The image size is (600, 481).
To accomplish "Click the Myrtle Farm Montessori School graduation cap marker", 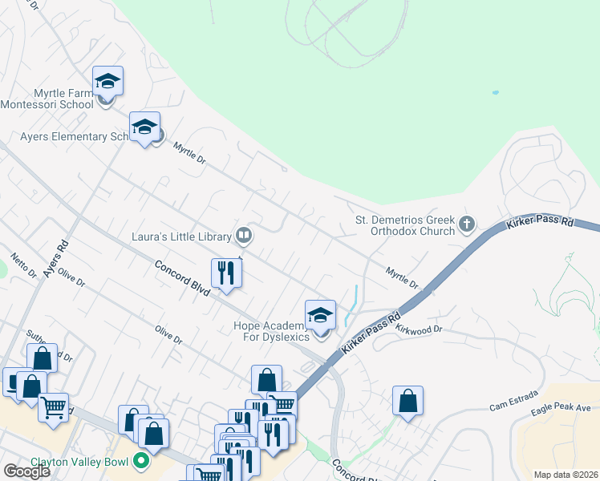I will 107,82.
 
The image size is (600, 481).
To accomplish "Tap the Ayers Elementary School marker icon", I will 144,127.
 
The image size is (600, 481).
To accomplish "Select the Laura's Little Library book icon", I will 245,236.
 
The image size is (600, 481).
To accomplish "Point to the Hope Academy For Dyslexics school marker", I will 320,316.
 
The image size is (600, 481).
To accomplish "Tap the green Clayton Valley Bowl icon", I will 141,461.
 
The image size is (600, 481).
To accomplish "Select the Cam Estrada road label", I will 509,408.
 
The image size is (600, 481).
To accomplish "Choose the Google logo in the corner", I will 26,471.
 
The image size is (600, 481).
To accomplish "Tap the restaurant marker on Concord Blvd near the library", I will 226,273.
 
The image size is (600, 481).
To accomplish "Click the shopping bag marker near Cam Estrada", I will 407,401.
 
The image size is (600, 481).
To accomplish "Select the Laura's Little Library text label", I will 182,236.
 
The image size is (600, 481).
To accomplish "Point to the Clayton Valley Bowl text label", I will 81,462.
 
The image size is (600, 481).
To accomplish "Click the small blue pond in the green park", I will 495,93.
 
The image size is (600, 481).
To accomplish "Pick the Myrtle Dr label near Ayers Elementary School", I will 190,154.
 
